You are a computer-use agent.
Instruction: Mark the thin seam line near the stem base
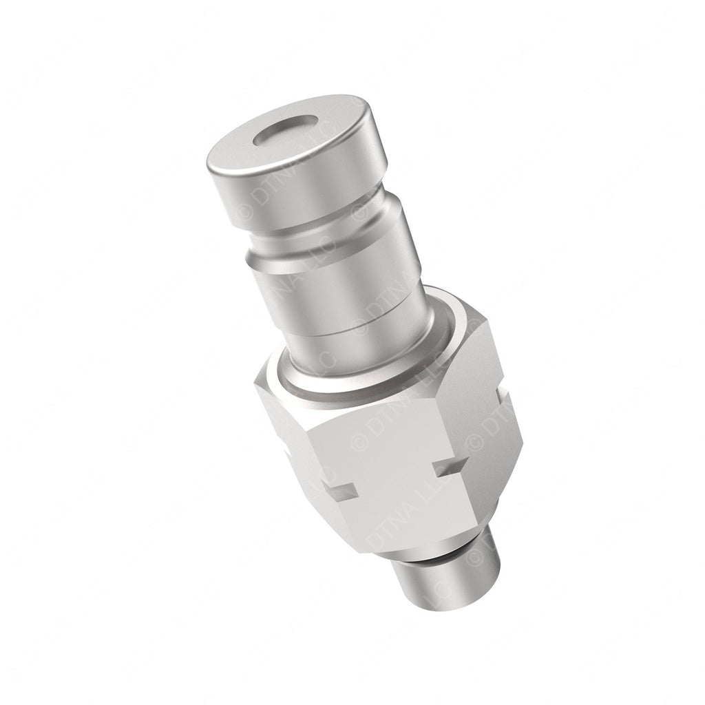(358, 344)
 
